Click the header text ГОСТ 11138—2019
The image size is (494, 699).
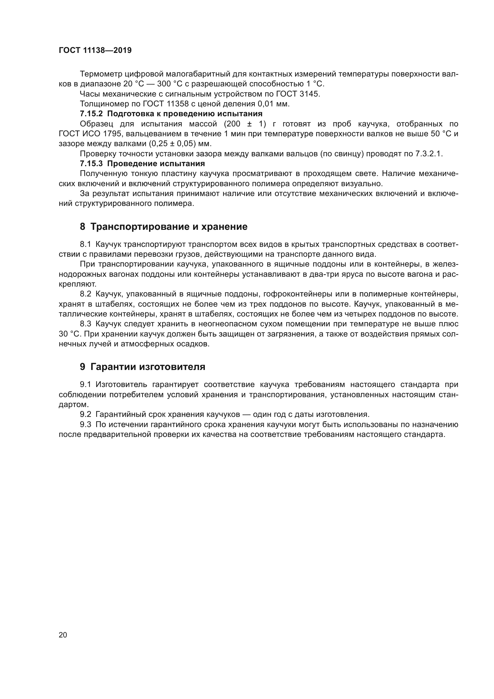pyautogui.click(x=95, y=51)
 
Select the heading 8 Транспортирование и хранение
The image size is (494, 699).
pyautogui.click(x=164, y=227)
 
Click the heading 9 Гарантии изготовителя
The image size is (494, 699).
pyautogui.click(x=142, y=367)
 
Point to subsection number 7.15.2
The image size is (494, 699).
pyautogui.click(x=92, y=114)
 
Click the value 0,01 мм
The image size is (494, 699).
pyautogui.click(x=273, y=104)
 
